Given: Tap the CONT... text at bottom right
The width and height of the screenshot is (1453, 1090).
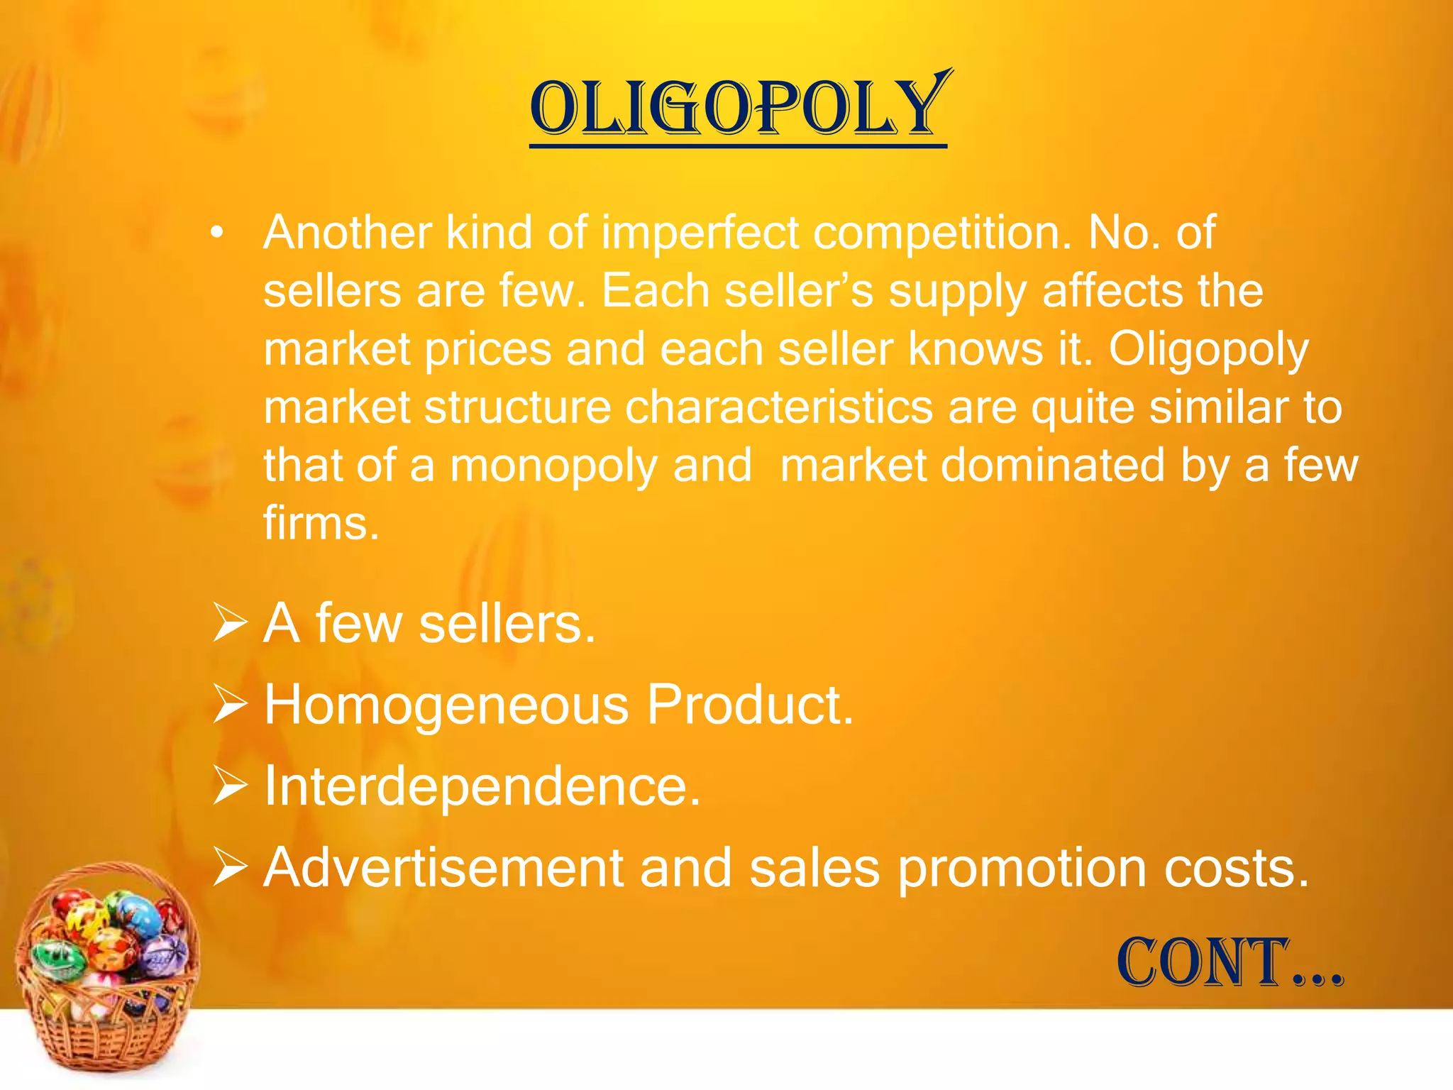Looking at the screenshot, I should point(1230,963).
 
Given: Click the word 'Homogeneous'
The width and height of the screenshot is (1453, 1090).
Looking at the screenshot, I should point(446,705).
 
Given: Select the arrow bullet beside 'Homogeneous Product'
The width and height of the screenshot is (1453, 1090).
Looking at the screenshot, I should point(230,706).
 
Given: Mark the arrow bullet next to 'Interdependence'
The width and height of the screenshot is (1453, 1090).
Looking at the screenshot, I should point(230,787).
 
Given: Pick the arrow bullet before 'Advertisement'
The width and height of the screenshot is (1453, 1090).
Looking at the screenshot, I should point(230,869).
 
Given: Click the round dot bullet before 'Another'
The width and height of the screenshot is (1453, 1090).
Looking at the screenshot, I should point(217,233).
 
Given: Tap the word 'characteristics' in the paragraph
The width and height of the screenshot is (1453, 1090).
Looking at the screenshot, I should point(778,407).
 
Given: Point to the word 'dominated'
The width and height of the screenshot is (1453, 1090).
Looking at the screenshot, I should point(973,466).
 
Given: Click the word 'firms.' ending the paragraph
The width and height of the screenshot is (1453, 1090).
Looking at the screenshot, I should point(321,524).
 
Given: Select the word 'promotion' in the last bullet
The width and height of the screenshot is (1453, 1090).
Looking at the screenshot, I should point(1022,869).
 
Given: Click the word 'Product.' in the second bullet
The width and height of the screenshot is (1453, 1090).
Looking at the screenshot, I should point(750,705).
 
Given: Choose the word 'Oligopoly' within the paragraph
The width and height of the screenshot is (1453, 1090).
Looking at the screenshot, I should point(1208,351).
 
